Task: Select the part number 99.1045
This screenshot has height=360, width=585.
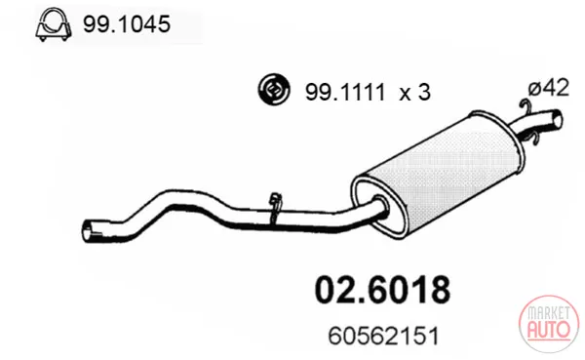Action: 127,24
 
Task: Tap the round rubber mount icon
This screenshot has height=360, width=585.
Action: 274,90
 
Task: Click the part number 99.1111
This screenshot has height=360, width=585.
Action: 345,92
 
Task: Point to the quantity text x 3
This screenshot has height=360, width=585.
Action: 415,92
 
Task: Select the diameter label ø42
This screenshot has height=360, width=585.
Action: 549,88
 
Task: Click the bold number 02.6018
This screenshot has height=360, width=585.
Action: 382,290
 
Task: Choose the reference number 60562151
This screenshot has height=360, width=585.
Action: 383,337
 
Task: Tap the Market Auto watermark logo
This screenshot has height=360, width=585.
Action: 549,324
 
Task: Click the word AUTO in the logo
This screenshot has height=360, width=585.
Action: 548,329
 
